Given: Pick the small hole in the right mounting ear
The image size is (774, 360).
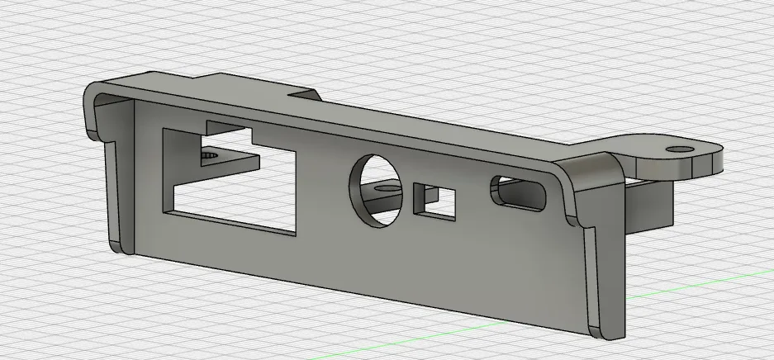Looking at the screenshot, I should [680, 149].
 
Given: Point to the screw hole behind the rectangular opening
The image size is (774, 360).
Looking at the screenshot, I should [211, 154].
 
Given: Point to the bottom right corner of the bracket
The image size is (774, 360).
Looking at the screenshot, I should [607, 334].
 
